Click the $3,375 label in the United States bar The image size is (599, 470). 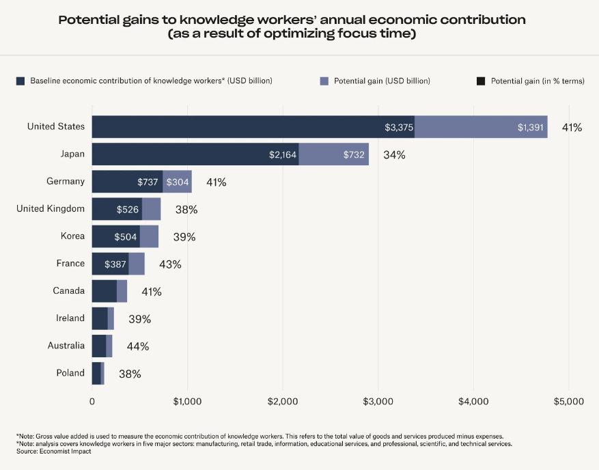pyautogui.click(x=398, y=127)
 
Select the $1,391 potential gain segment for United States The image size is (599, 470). pyautogui.click(x=481, y=127)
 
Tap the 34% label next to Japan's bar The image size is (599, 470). pyautogui.click(x=394, y=154)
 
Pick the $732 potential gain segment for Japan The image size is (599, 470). pyautogui.click(x=333, y=154)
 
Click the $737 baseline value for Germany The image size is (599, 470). pyautogui.click(x=148, y=182)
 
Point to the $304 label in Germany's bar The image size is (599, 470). pyautogui.click(x=177, y=182)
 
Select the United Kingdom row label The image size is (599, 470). pyautogui.click(x=51, y=208)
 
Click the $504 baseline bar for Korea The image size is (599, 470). pyautogui.click(x=116, y=236)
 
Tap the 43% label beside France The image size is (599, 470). pyautogui.click(x=170, y=264)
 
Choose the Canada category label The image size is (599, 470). pyautogui.click(x=69, y=290)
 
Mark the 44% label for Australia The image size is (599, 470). pyautogui.click(x=138, y=346)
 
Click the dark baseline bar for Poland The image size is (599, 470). pyautogui.click(x=96, y=373)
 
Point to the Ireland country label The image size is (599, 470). pyautogui.click(x=70, y=318)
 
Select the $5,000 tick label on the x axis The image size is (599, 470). pyautogui.click(x=568, y=402)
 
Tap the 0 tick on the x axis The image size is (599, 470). pyautogui.click(x=92, y=402)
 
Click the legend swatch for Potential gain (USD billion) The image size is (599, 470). pyautogui.click(x=324, y=81)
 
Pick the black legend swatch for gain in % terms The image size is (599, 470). pyautogui.click(x=481, y=81)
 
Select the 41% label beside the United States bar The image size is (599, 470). pyautogui.click(x=572, y=127)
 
